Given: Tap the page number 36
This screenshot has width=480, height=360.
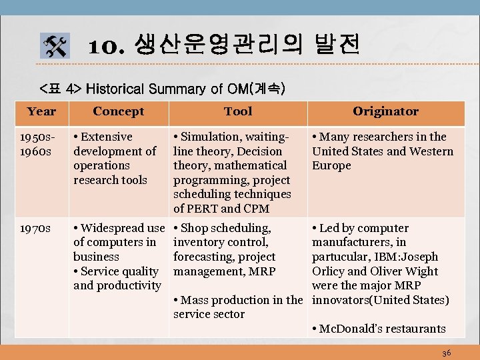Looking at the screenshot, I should [446, 352].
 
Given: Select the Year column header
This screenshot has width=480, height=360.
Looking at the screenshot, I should [41, 111].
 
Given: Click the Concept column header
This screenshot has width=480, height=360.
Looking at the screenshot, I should [118, 111].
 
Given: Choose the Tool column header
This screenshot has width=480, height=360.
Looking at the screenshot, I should [238, 111].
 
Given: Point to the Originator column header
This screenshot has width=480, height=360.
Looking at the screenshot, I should [385, 111].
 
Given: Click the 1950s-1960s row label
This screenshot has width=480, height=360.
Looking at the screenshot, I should [37, 144].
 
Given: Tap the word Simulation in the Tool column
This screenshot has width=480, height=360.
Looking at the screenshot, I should [209, 137].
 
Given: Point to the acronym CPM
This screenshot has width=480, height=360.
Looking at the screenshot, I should [256, 209].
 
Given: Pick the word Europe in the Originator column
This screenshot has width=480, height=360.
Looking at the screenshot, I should [331, 165].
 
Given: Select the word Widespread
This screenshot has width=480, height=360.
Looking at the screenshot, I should [113, 228].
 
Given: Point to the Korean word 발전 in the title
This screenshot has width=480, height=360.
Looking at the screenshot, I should [337, 45].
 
